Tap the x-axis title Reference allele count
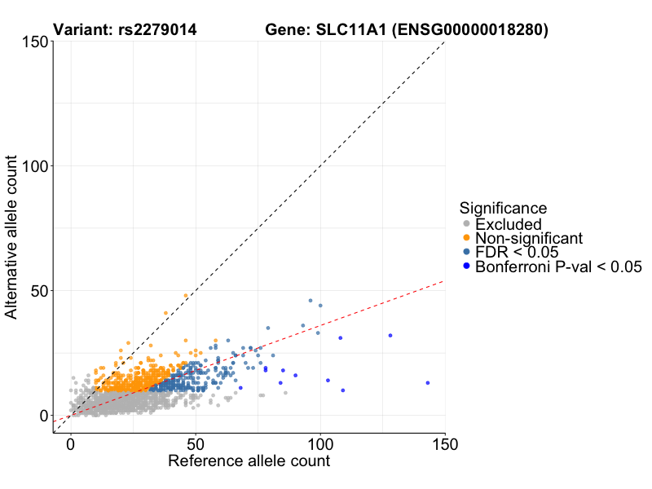coord(249,461)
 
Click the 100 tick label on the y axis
coord(33,166)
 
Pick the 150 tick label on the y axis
coord(33,42)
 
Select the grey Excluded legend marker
coord(466,224)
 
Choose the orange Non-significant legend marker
coord(466,238)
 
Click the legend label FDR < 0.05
coord(515,252)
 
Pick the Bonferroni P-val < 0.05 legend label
coord(559,267)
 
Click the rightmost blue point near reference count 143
coord(427,382)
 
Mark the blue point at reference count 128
coord(390,335)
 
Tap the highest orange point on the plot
coord(186,295)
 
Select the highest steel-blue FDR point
coord(311,300)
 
